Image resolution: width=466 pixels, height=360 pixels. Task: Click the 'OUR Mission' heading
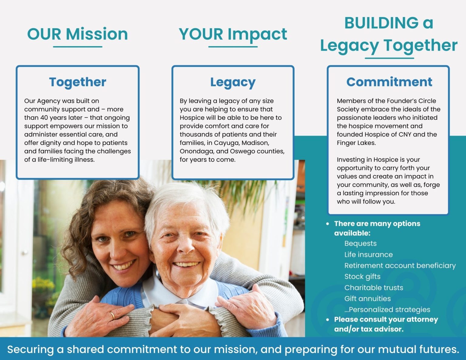[78, 34]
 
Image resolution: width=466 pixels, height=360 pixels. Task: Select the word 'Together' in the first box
[78, 82]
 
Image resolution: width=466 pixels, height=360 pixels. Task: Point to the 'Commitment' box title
[389, 82]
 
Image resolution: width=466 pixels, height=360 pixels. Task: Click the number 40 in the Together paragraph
[44, 118]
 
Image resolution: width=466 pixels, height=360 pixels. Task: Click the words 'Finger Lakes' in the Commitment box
[356, 143]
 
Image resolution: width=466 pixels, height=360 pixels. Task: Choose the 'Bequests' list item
[360, 244]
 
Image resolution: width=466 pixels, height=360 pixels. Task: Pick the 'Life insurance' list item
[368, 254]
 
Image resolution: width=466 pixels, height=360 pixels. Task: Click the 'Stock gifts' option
[363, 277]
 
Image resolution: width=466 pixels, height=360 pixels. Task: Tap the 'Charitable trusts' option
[374, 288]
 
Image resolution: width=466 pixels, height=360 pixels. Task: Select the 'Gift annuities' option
[368, 299]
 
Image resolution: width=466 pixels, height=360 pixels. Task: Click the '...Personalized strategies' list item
[387, 310]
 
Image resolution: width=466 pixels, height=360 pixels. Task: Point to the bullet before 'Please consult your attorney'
[327, 320]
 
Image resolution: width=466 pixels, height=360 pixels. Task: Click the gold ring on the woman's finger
[112, 315]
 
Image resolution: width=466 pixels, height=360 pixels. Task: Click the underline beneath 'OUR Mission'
[78, 47]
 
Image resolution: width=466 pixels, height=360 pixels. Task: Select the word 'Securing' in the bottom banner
[30, 349]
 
